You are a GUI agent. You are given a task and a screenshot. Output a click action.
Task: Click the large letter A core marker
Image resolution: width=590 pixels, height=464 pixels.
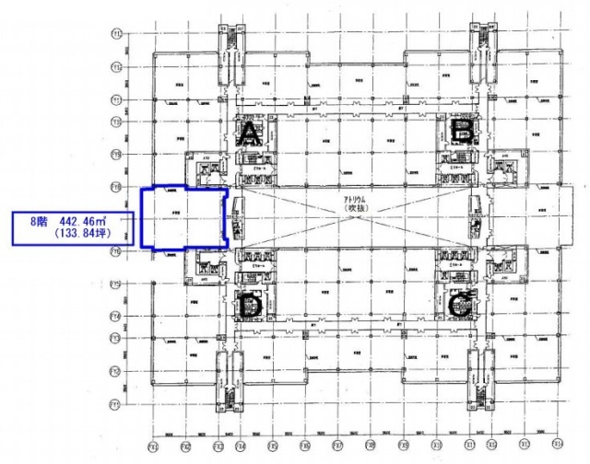coord(249,136)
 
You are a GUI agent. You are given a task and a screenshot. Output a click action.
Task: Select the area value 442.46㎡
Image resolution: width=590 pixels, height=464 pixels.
coord(88,221)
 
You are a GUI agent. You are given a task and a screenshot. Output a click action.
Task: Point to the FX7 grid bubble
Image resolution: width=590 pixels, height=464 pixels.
coord(337,448)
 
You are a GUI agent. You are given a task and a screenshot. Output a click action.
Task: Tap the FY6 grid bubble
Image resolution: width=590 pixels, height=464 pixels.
coord(117,185)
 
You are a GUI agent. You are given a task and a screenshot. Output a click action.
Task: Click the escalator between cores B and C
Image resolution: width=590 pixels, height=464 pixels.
coord(476,219)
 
